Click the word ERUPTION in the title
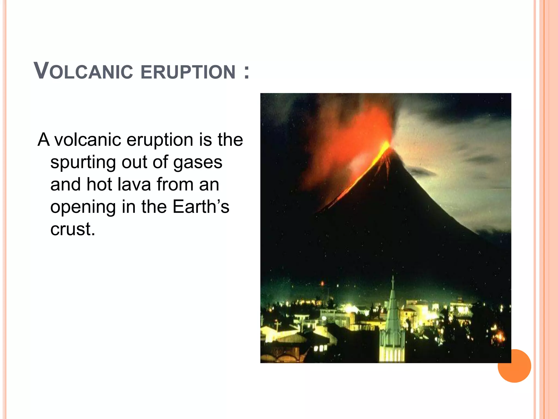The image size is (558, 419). (x=188, y=72)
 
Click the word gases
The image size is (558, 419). (x=198, y=162)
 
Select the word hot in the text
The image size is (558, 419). (x=99, y=184)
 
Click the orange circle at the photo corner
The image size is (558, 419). (x=514, y=366)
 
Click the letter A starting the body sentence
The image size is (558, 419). (x=44, y=140)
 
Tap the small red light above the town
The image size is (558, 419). (x=322, y=283)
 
